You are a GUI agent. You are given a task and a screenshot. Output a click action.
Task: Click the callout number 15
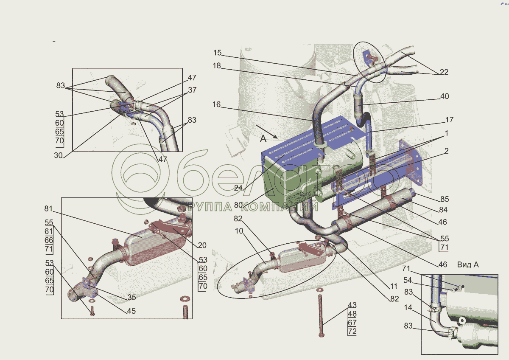click(217, 53)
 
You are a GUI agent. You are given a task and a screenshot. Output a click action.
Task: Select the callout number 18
click(217, 66)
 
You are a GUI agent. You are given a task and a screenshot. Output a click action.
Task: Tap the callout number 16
click(216, 104)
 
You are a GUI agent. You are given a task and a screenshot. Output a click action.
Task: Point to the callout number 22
click(444, 72)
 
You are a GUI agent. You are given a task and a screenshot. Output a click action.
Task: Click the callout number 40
click(445, 96)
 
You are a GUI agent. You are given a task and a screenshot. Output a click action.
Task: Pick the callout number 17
click(449, 120)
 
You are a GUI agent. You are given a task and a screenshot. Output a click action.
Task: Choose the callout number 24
click(238, 188)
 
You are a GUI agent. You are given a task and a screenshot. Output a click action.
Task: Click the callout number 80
click(238, 205)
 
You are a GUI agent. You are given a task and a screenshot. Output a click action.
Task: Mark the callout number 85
click(445, 199)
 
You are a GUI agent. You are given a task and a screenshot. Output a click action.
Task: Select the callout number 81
click(48, 208)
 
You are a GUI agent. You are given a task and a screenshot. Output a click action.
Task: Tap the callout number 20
click(202, 245)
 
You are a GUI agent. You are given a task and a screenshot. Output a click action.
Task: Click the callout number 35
click(131, 297)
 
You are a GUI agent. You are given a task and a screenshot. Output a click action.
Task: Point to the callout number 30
click(58, 155)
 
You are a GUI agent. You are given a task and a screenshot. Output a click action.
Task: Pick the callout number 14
click(408, 307)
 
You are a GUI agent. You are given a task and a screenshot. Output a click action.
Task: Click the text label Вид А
click(468, 265)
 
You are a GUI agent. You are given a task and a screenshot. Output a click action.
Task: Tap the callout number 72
click(352, 332)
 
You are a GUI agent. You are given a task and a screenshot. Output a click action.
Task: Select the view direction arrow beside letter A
click(266, 132)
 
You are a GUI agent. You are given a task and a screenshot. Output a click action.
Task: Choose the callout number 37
click(192, 90)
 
